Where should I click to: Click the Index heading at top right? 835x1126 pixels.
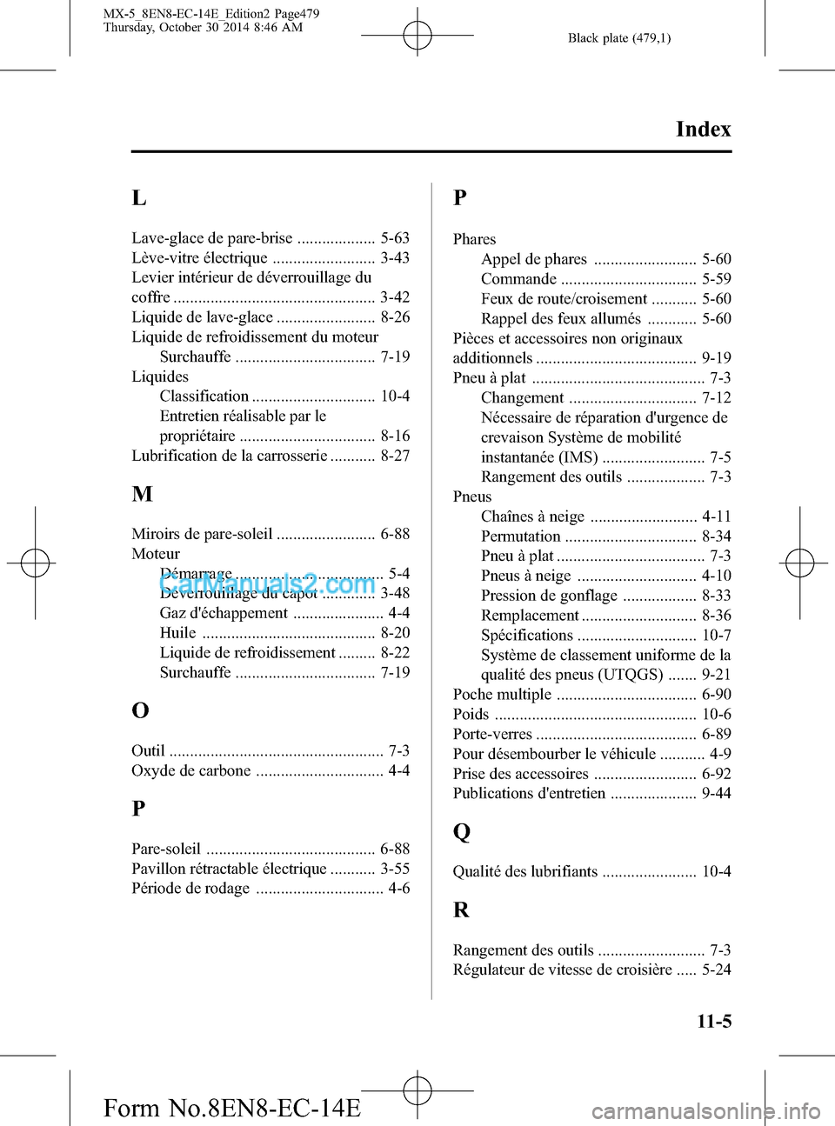703,130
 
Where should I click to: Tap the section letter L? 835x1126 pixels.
139,198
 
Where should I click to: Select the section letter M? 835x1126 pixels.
143,495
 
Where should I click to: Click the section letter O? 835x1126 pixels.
140,710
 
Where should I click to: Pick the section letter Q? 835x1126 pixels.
462,832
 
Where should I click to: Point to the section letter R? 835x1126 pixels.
461,910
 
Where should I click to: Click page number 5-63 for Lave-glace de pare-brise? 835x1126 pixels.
395,238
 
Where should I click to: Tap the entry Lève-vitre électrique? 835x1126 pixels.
200,258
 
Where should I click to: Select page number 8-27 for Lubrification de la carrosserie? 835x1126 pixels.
395,456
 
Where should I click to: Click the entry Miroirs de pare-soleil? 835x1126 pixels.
202,534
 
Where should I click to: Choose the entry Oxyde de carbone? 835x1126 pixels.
191,771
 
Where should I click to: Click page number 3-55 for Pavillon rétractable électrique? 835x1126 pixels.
395,869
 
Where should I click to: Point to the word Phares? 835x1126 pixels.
474,239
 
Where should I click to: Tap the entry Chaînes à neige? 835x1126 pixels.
532,516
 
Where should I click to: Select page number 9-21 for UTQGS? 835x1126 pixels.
716,675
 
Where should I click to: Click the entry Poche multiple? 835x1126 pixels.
502,695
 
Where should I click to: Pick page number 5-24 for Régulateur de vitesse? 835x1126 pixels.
716,969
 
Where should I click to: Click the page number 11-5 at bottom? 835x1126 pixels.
713,1022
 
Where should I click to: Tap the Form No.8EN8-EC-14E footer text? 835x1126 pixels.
231,1109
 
